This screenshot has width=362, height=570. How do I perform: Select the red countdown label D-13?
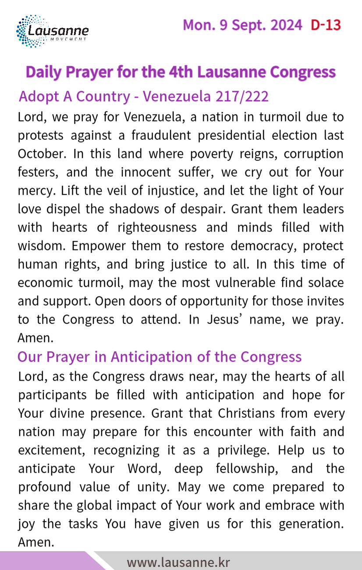tap(326, 25)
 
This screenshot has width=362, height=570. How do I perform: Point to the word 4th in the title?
tap(181, 71)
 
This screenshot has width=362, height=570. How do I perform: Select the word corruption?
tap(314, 154)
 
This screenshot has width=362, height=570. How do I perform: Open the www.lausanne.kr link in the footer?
tap(178, 563)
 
